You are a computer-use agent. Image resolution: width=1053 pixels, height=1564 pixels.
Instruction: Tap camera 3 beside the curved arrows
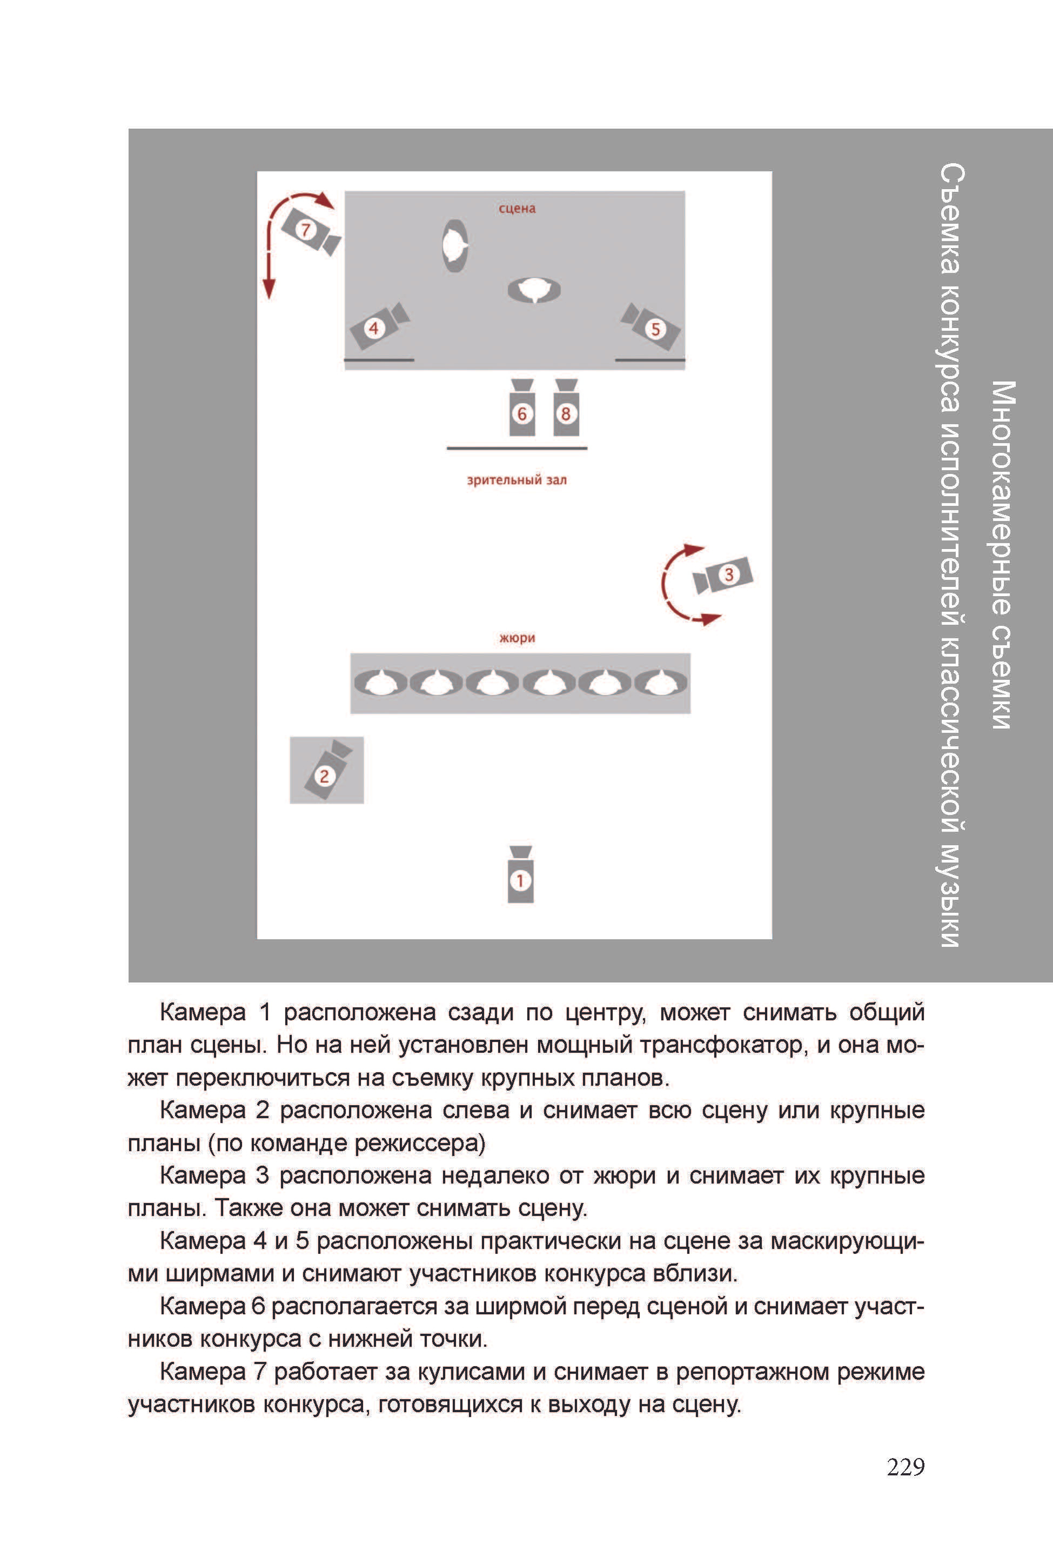[x=724, y=575]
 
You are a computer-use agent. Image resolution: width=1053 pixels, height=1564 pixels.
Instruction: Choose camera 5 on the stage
[x=652, y=327]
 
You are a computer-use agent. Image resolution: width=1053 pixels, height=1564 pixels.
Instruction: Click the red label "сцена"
[x=517, y=208]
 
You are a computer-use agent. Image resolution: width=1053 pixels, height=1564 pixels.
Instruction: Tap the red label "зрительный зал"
[x=517, y=479]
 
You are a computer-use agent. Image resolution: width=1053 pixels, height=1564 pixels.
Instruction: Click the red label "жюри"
[x=517, y=637]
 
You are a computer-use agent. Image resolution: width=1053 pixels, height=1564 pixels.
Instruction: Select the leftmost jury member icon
[x=380, y=682]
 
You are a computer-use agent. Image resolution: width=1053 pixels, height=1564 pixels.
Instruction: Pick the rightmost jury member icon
[x=661, y=682]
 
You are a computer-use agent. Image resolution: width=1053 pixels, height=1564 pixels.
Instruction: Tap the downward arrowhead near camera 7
[x=269, y=289]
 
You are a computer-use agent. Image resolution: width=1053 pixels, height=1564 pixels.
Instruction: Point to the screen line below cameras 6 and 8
[x=517, y=447]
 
